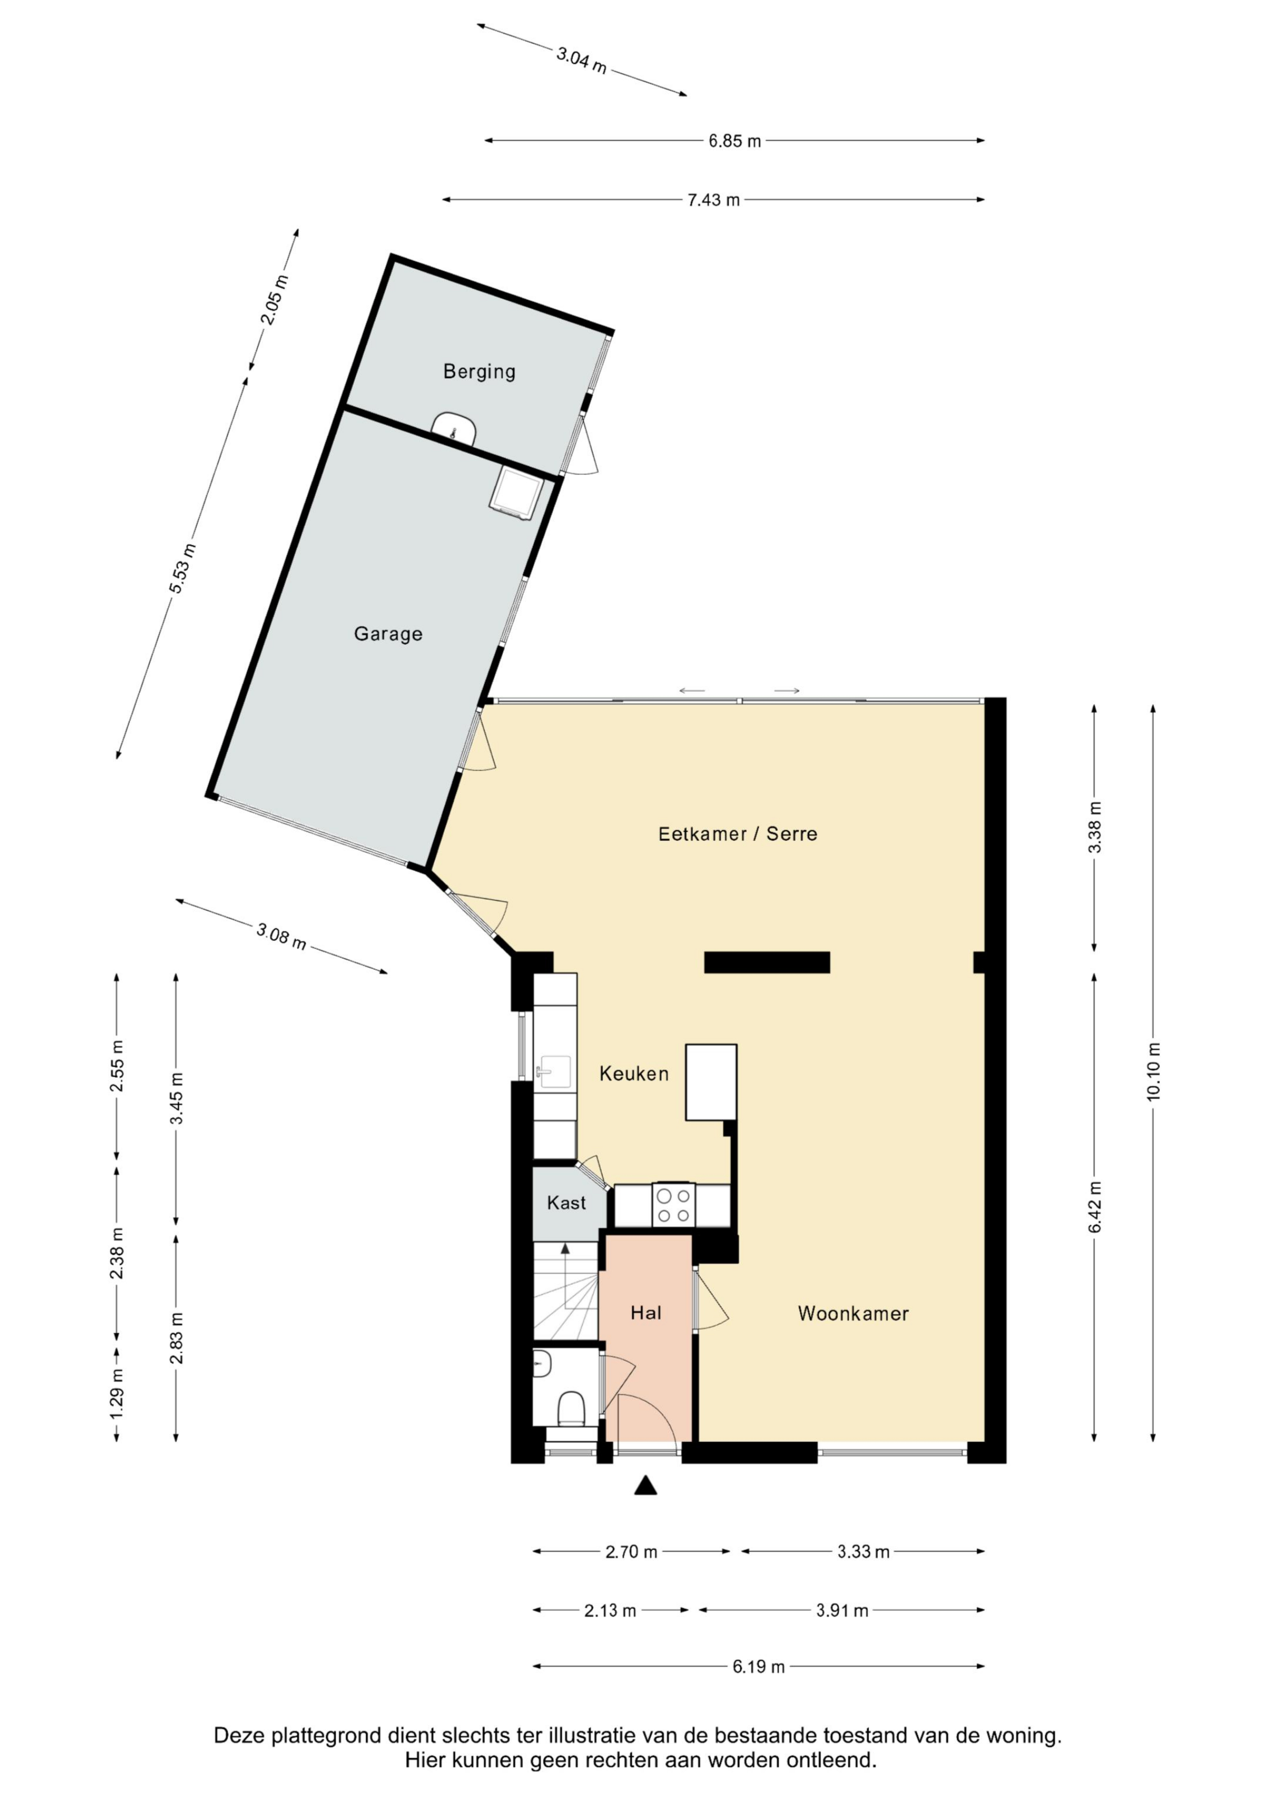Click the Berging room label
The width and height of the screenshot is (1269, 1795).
(x=479, y=371)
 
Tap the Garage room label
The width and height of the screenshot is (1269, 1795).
(x=388, y=633)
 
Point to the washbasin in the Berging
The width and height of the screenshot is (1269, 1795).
(x=454, y=428)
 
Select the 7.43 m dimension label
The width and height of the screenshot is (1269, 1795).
(x=713, y=200)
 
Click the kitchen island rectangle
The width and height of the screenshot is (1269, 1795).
(x=711, y=1082)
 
